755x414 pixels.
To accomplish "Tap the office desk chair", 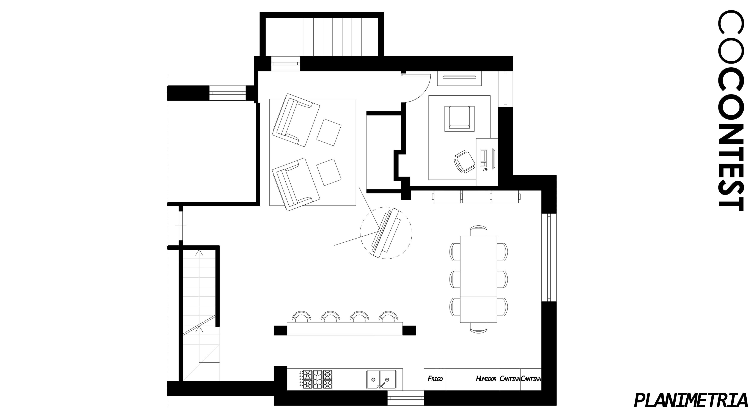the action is tap(464, 161).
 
